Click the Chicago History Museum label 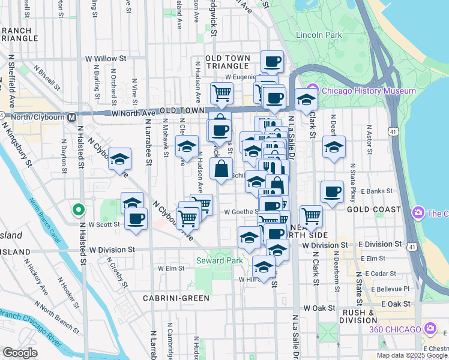[368, 91]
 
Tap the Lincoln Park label [319, 35]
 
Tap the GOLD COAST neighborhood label [373, 209]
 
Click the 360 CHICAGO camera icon [430, 328]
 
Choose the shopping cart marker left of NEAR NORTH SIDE [311, 215]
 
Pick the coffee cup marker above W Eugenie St [272, 61]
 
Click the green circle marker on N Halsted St [77, 210]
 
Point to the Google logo [20, 353]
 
